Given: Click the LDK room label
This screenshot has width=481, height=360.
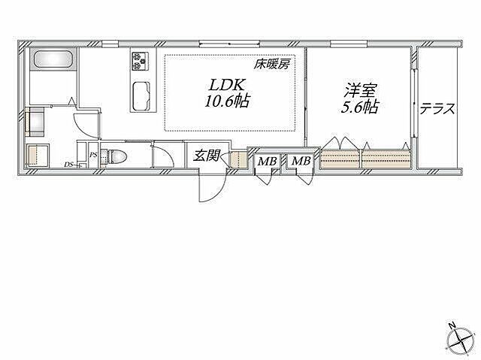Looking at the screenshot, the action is (x=227, y=85).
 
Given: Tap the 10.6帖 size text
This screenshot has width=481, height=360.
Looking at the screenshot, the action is (x=227, y=101).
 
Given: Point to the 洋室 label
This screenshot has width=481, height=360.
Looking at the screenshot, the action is (x=360, y=90).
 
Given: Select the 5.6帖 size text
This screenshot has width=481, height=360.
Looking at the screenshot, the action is (x=360, y=107).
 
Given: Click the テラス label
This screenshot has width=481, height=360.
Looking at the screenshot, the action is (x=437, y=108).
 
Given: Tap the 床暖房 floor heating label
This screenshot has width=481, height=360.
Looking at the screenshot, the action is (x=271, y=65).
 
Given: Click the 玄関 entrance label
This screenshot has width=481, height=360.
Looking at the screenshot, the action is (x=206, y=156).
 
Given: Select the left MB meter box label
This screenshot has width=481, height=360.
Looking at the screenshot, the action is (x=267, y=161).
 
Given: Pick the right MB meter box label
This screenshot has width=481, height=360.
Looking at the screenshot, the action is (x=301, y=161).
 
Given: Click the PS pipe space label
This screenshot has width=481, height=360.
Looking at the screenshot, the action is (x=93, y=155).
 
